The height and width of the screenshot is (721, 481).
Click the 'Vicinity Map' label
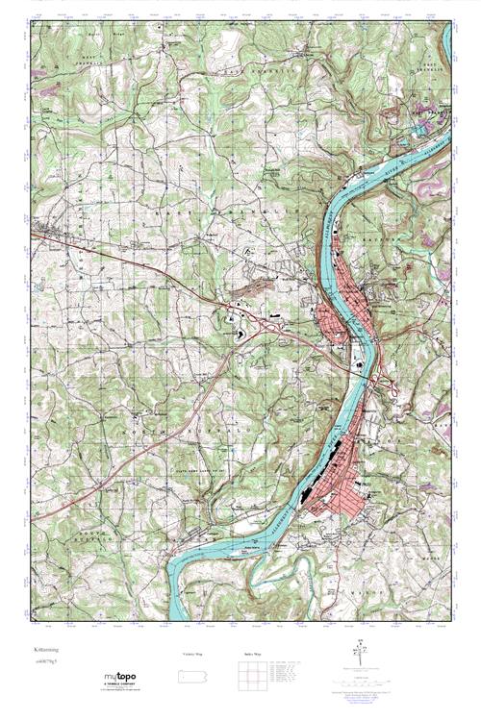point(193,653)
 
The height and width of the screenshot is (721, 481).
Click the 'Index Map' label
point(252,653)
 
